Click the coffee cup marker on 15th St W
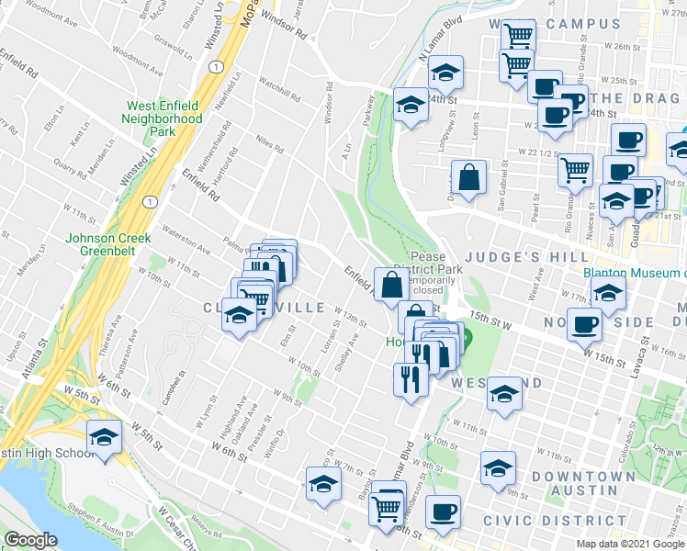coord(584,324)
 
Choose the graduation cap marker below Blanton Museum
coord(608,293)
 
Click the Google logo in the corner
coord(30,540)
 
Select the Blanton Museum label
coord(634,272)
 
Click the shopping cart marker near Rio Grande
coord(575,169)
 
